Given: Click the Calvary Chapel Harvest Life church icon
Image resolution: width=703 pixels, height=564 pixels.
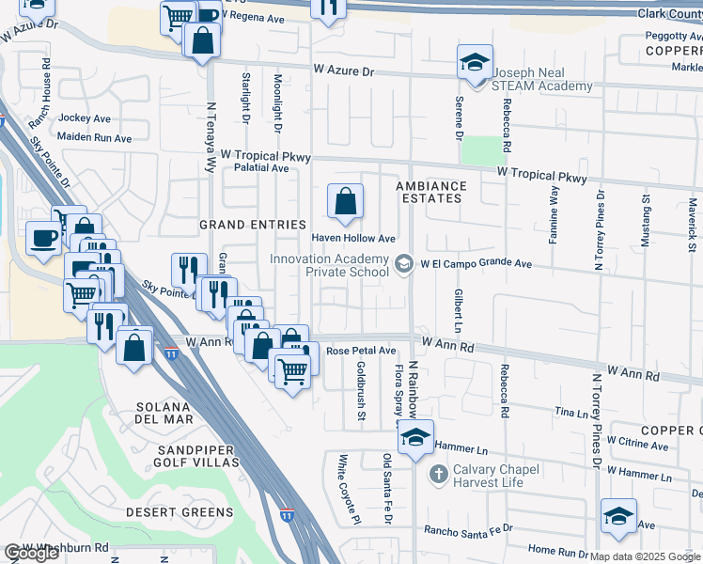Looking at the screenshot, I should click(x=437, y=473).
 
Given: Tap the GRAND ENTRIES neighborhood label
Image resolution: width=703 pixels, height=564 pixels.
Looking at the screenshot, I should click(x=253, y=225).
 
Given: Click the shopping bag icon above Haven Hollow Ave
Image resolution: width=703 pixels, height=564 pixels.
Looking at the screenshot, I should click(x=345, y=201).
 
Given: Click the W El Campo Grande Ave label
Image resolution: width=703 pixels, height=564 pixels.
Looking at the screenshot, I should click(x=476, y=265).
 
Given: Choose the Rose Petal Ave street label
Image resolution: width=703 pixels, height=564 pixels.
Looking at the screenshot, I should click(x=362, y=351).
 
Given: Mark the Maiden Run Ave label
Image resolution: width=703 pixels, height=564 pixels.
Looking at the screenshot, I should click(x=95, y=137).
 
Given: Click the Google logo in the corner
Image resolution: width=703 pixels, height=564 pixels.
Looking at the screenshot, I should click(x=31, y=553).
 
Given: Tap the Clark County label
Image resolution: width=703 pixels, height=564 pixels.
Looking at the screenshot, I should click(x=666, y=14).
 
